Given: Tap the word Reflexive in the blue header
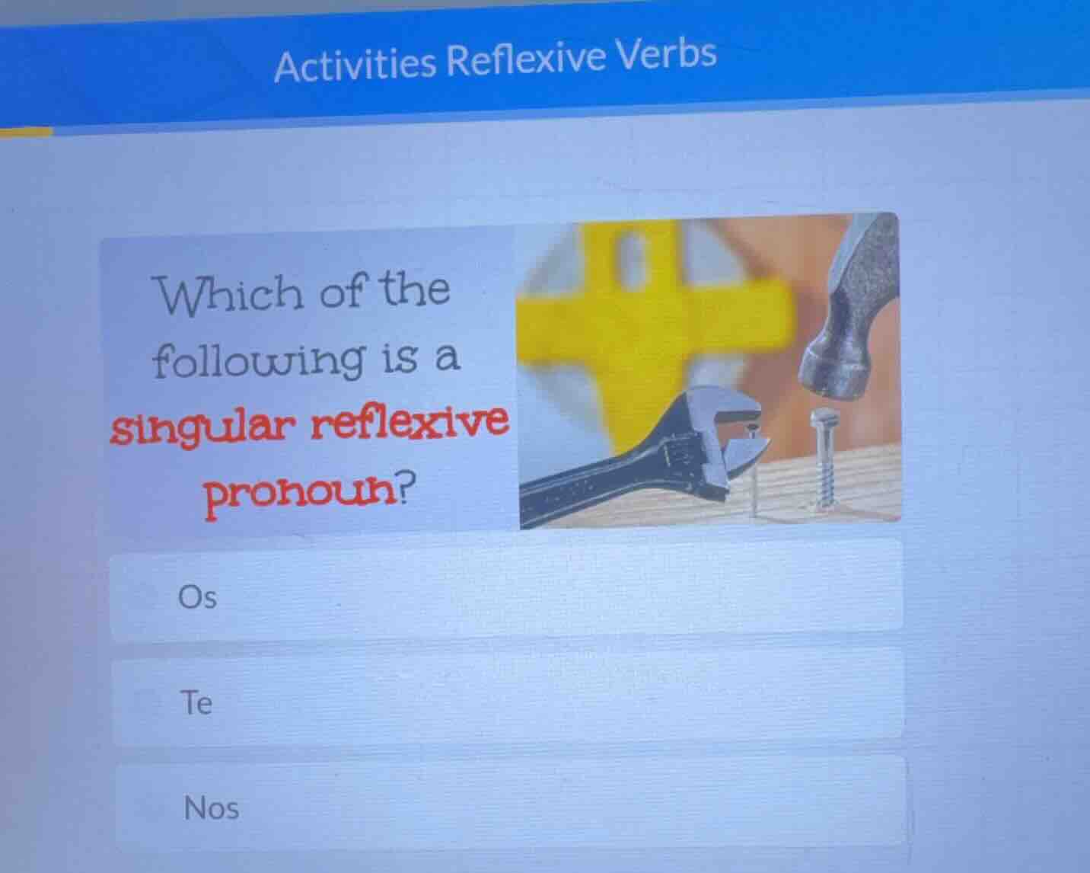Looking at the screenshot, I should (525, 59).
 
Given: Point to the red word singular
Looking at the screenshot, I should (201, 428).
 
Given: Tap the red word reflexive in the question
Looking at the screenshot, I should (408, 421).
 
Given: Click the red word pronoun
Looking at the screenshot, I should (300, 495).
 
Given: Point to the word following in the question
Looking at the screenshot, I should (257, 360).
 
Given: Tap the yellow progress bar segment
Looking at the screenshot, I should (26, 132).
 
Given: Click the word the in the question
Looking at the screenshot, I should (415, 289).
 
